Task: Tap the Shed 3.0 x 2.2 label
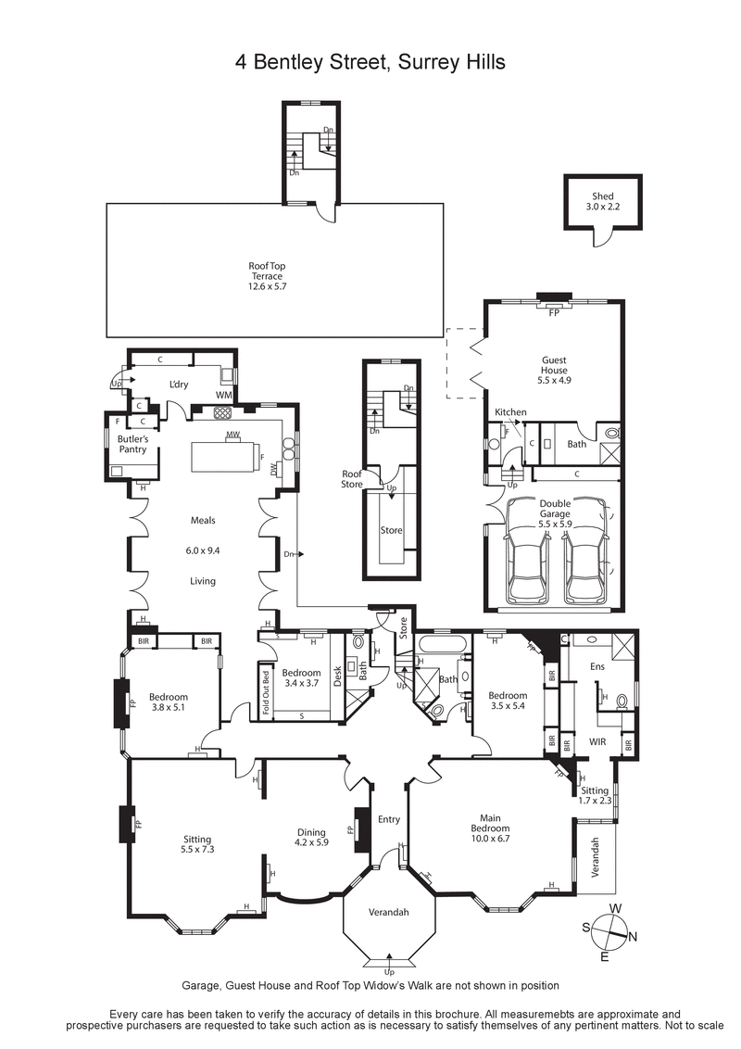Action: click(x=602, y=201)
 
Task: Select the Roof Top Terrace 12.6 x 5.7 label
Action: click(x=267, y=276)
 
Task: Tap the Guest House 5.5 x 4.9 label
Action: click(x=554, y=370)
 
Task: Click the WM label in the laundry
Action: click(x=222, y=396)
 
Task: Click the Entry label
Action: click(x=389, y=819)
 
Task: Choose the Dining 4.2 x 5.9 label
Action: click(x=311, y=838)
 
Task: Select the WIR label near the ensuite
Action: click(x=597, y=742)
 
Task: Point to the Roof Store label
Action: click(x=352, y=478)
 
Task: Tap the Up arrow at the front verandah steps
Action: click(x=389, y=971)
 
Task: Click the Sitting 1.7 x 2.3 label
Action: click(x=596, y=795)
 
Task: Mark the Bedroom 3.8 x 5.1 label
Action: click(x=169, y=702)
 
